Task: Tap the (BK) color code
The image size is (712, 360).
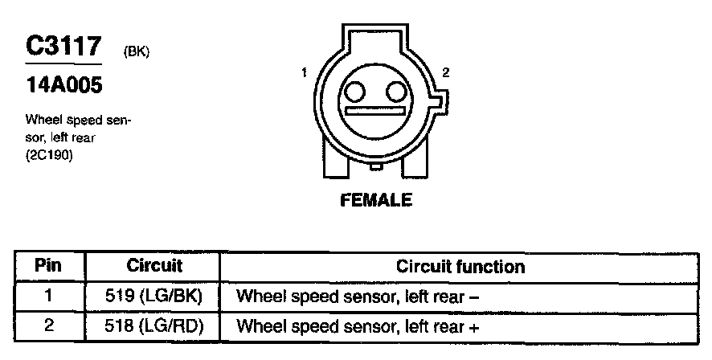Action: [x=136, y=52]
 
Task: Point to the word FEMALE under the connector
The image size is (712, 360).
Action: [x=376, y=199]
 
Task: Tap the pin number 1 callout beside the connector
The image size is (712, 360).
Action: [x=305, y=73]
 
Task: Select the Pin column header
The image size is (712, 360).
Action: [x=49, y=266]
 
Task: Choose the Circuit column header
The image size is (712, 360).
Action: [x=154, y=266]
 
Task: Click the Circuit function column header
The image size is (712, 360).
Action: [x=460, y=266]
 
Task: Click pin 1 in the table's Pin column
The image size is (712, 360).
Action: [x=49, y=296]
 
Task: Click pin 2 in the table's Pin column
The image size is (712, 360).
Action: [x=49, y=326]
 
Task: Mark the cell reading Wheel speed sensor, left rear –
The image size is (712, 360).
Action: [x=358, y=297]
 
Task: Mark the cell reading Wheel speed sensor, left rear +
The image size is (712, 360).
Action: [x=358, y=327]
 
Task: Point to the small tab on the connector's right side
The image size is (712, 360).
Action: [x=435, y=101]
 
